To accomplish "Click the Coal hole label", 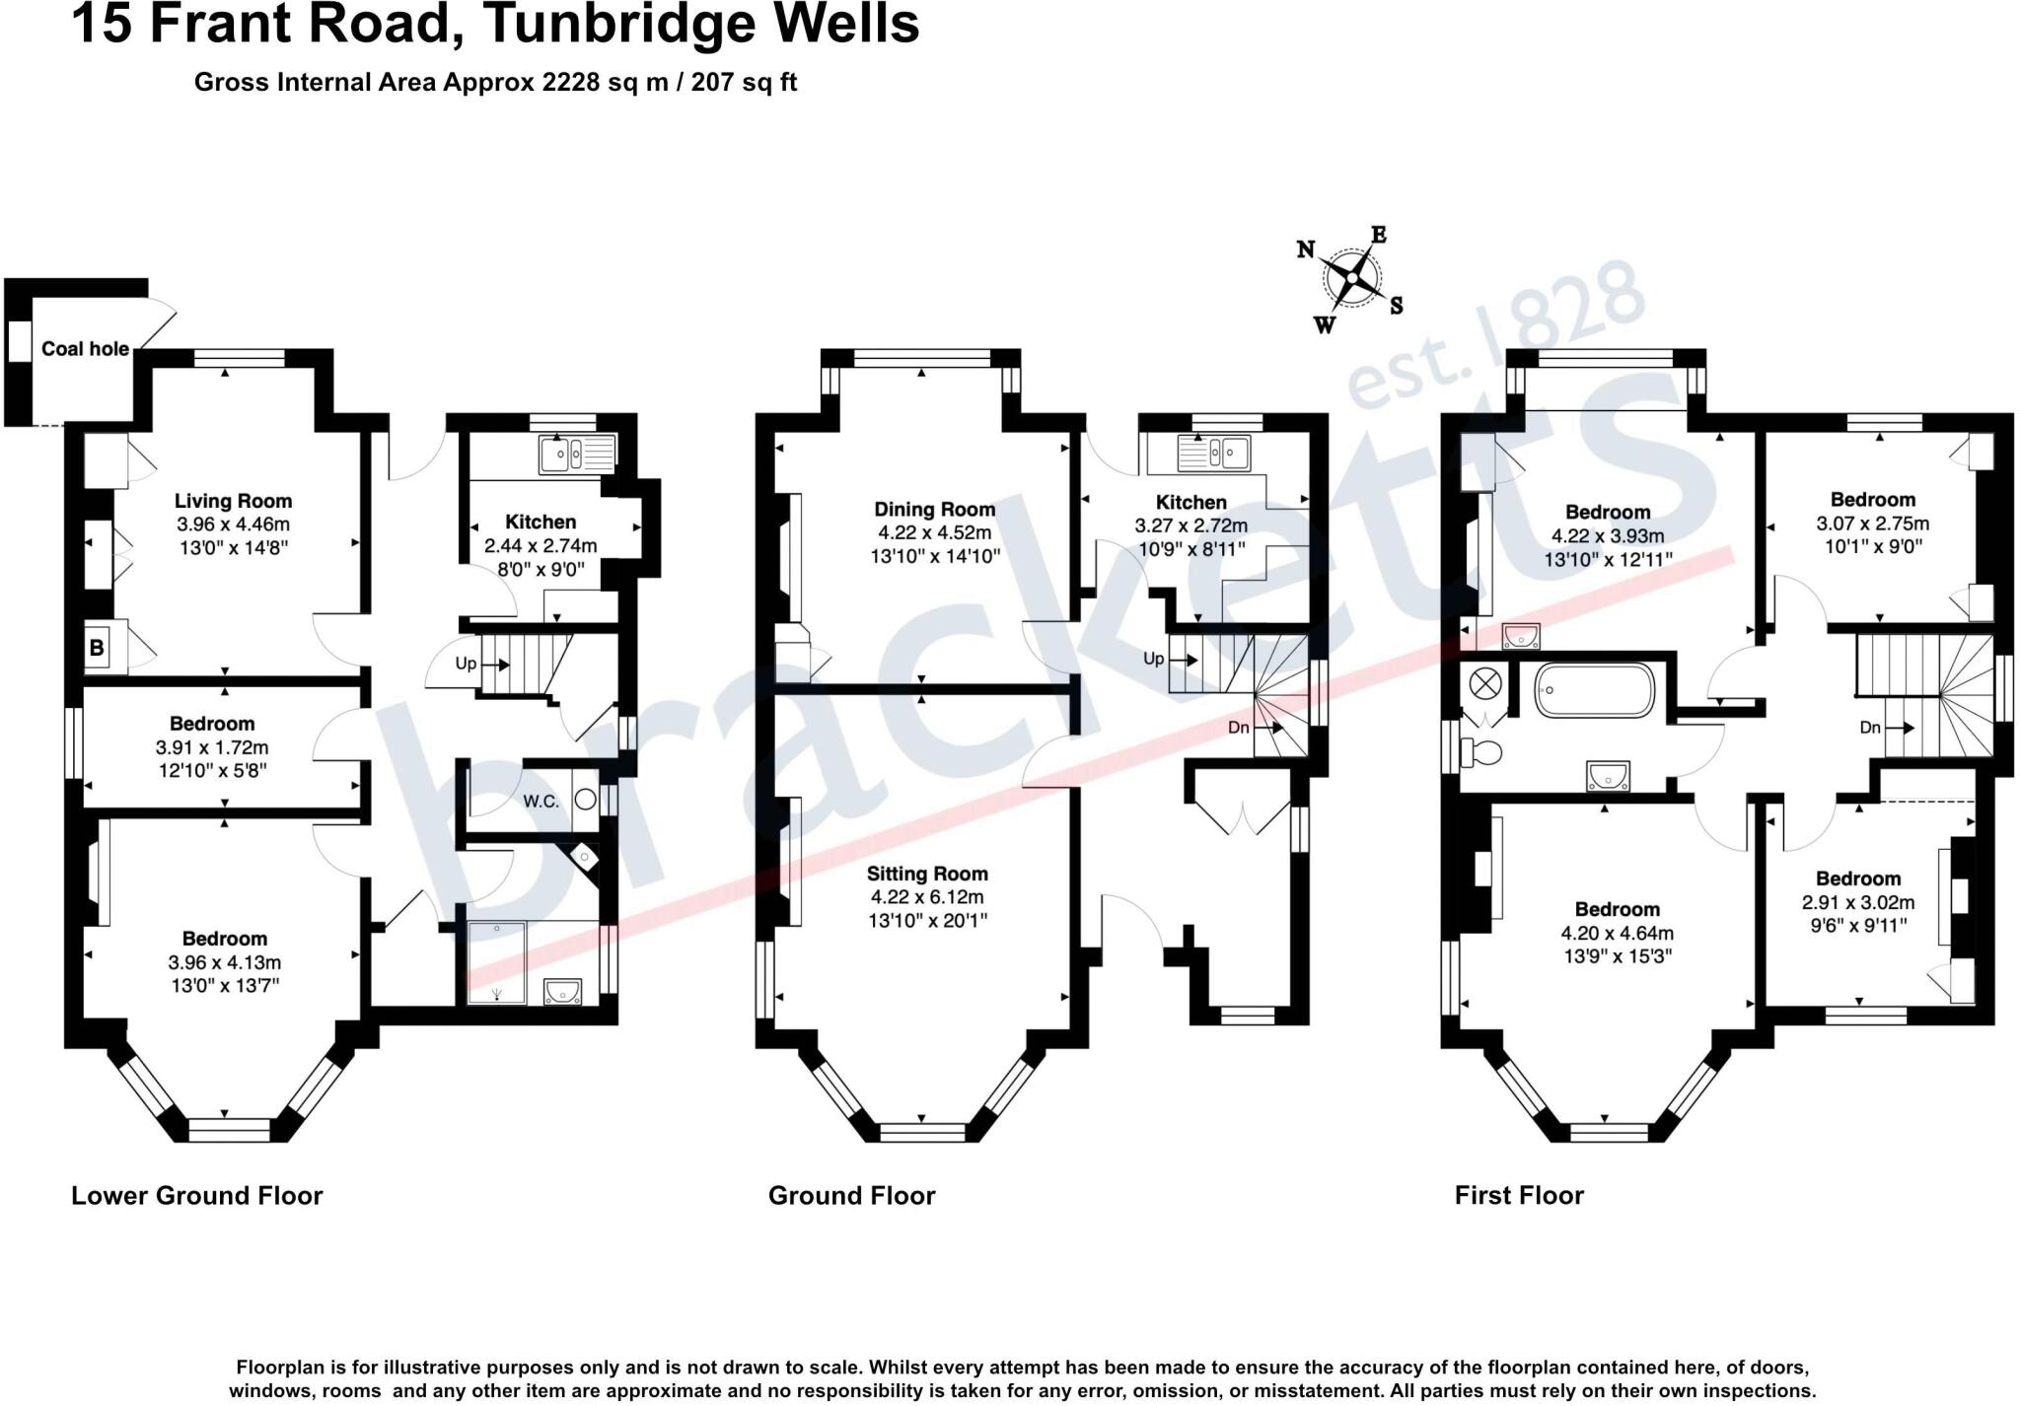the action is coord(85,349).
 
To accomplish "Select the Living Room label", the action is coord(233,501).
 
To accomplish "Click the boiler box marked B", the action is coord(97,648).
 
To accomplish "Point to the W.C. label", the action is coord(541,802).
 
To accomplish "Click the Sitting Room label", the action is coord(927,874).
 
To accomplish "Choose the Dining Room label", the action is coord(934,510).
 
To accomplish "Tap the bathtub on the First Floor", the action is coord(1594,690).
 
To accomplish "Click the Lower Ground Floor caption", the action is coord(196,1196).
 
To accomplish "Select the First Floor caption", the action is coord(1519,1196).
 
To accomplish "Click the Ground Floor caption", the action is coord(851,1196).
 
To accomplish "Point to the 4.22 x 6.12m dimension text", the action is coord(927,897).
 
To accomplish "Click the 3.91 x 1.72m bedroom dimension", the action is coord(211,747).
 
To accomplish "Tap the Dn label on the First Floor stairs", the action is coord(1870,728).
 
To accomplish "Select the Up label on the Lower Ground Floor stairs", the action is coord(466,664).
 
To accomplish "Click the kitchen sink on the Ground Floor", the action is coord(1214,454).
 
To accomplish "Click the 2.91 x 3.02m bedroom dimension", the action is coord(1858,902).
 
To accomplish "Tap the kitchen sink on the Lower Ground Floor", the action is coord(577,455).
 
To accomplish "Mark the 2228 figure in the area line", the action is coord(571,82).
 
